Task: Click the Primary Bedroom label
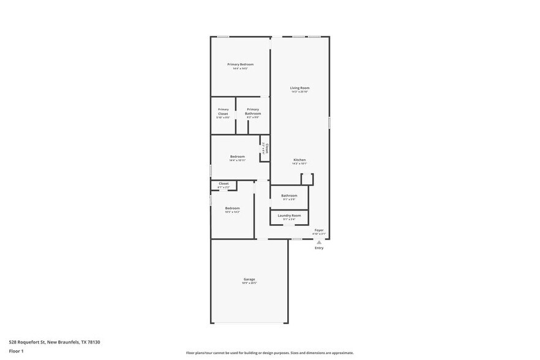[240, 64]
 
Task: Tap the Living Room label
[299, 88]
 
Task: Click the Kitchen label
[299, 160]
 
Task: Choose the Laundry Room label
[289, 216]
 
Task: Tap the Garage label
[249, 279]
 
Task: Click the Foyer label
[318, 230]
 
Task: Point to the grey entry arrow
[319, 242]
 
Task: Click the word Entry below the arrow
[319, 248]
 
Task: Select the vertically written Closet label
[266, 148]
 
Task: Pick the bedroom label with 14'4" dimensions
[238, 157]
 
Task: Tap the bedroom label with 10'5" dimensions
[232, 208]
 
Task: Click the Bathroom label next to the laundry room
[289, 196]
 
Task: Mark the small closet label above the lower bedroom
[223, 184]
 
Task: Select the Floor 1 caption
[16, 351]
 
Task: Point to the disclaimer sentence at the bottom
[269, 353]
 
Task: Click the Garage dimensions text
[249, 283]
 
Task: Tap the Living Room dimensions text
[299, 92]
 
